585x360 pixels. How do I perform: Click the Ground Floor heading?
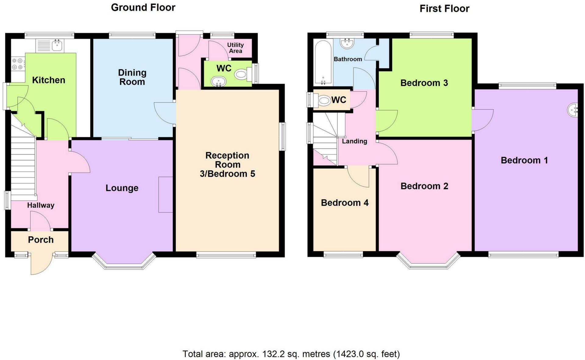[x=143, y=7]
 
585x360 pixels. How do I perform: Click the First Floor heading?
[x=444, y=9]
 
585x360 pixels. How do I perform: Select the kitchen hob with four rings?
[x=17, y=64]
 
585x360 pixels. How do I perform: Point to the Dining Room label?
[x=132, y=77]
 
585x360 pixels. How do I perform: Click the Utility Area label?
[x=235, y=48]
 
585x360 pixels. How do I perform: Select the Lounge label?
[x=122, y=188]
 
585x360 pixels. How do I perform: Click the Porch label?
[x=41, y=240]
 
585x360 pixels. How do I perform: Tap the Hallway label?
[x=41, y=205]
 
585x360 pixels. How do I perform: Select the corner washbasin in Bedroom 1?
[x=573, y=110]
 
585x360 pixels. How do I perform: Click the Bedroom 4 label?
[x=345, y=203]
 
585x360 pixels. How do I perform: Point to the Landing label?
[x=354, y=141]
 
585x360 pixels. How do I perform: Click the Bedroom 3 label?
[x=424, y=83]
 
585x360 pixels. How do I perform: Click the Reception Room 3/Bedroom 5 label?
[x=227, y=164]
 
